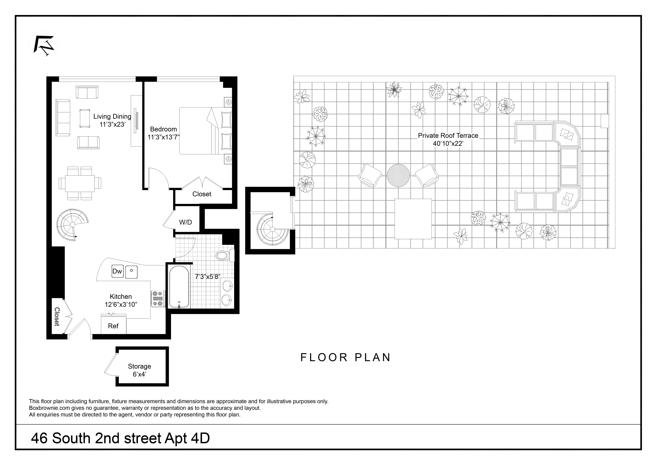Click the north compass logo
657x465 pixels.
[44, 45]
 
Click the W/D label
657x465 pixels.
[185, 222]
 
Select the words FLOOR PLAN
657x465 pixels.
[345, 358]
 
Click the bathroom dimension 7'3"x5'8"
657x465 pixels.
[208, 277]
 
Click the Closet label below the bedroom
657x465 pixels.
[202, 194]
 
